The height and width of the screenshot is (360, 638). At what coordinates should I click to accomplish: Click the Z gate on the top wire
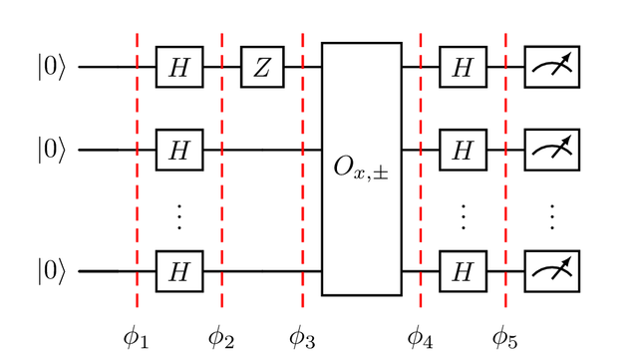(262, 67)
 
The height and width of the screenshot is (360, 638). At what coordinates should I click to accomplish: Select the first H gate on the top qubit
(179, 67)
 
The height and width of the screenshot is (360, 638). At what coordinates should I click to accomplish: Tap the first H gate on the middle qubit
(179, 150)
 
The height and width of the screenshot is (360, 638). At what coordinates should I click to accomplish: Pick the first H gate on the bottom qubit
(179, 271)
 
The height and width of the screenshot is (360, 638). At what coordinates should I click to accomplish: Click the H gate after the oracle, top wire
(463, 67)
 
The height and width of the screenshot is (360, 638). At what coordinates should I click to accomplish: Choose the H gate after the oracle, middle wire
(463, 150)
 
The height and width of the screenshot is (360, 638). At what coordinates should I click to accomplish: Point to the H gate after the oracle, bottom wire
(463, 271)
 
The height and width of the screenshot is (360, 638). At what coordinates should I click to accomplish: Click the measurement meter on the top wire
(552, 67)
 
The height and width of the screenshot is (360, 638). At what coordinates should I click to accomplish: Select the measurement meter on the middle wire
(552, 150)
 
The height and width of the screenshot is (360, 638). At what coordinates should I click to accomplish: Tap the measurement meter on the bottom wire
(552, 271)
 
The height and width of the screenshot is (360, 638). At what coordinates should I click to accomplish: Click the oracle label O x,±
(361, 169)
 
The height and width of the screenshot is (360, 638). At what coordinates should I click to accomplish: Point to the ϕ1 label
(136, 338)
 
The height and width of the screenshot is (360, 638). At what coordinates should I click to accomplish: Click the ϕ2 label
(221, 338)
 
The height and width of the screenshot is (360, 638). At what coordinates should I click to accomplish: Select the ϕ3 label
(302, 338)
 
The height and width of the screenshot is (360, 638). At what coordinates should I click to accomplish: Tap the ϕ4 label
(420, 338)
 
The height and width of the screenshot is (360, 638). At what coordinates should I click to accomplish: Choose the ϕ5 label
(505, 338)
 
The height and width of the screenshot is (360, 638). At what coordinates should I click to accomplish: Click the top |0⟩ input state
(51, 67)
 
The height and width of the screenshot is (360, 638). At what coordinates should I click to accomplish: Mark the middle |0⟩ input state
(51, 150)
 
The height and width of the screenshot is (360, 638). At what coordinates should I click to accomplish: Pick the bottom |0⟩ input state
(51, 271)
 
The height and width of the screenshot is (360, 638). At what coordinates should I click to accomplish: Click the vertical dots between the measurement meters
(552, 217)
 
